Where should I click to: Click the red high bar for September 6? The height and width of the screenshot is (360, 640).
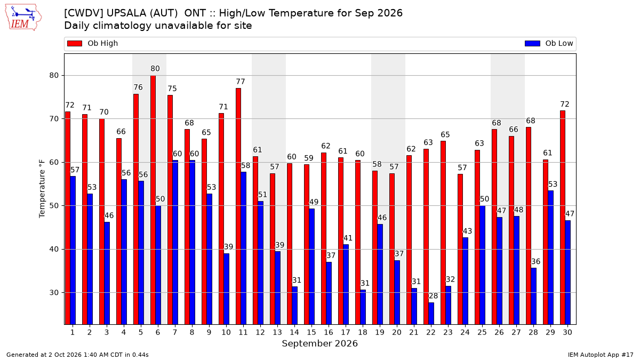(153, 200)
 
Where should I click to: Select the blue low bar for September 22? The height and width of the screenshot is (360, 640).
(431, 314)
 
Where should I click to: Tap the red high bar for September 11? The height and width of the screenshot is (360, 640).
(238, 206)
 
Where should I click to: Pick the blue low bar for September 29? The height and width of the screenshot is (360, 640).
(550, 258)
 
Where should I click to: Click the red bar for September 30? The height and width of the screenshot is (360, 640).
(563, 218)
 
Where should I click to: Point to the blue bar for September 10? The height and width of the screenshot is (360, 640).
(226, 289)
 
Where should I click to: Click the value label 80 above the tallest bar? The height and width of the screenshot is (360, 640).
(155, 69)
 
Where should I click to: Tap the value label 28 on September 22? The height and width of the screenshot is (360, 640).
(433, 295)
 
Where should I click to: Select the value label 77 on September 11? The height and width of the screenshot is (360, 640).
(241, 82)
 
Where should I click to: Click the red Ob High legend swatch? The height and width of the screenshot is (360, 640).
(75, 43)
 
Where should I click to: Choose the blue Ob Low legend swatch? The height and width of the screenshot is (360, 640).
(532, 43)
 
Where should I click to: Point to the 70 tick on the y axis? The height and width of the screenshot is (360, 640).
(54, 119)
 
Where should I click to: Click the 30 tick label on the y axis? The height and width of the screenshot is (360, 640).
(54, 293)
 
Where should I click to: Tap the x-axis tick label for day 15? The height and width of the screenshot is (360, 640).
(311, 332)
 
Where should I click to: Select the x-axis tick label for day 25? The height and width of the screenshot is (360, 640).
(482, 332)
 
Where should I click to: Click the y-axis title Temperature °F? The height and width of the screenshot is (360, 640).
(42, 189)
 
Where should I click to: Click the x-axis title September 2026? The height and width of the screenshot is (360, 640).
(319, 343)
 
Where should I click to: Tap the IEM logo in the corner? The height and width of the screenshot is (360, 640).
(23, 17)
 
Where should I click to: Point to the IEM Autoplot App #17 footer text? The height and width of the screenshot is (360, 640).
(601, 355)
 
